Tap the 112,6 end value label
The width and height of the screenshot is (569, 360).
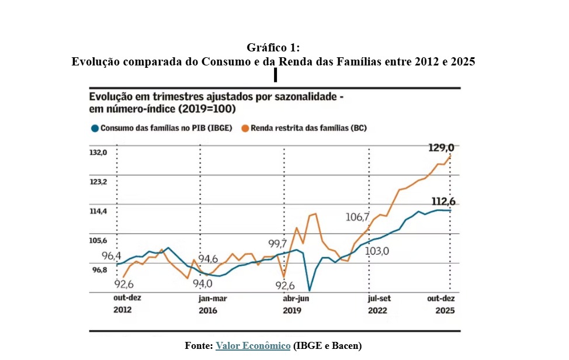tap(443, 202)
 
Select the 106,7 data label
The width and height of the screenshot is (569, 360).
tap(358, 217)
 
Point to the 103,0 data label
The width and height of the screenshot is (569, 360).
tap(377, 251)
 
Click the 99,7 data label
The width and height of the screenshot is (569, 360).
tap(277, 244)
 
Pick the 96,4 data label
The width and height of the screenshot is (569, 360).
tap(111, 256)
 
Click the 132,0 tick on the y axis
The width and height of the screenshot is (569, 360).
tap(98, 153)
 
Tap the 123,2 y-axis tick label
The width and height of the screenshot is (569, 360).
tap(98, 182)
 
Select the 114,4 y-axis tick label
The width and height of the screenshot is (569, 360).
tap(98, 211)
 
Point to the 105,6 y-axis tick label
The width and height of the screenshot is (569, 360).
tap(98, 240)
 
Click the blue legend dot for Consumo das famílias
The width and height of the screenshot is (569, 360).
tap(93, 127)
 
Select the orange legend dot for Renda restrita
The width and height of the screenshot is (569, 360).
tap(245, 127)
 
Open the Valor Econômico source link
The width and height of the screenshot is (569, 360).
tap(253, 346)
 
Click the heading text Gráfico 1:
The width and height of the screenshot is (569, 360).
tap(273, 47)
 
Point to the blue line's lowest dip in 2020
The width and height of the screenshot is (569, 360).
tap(309, 290)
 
